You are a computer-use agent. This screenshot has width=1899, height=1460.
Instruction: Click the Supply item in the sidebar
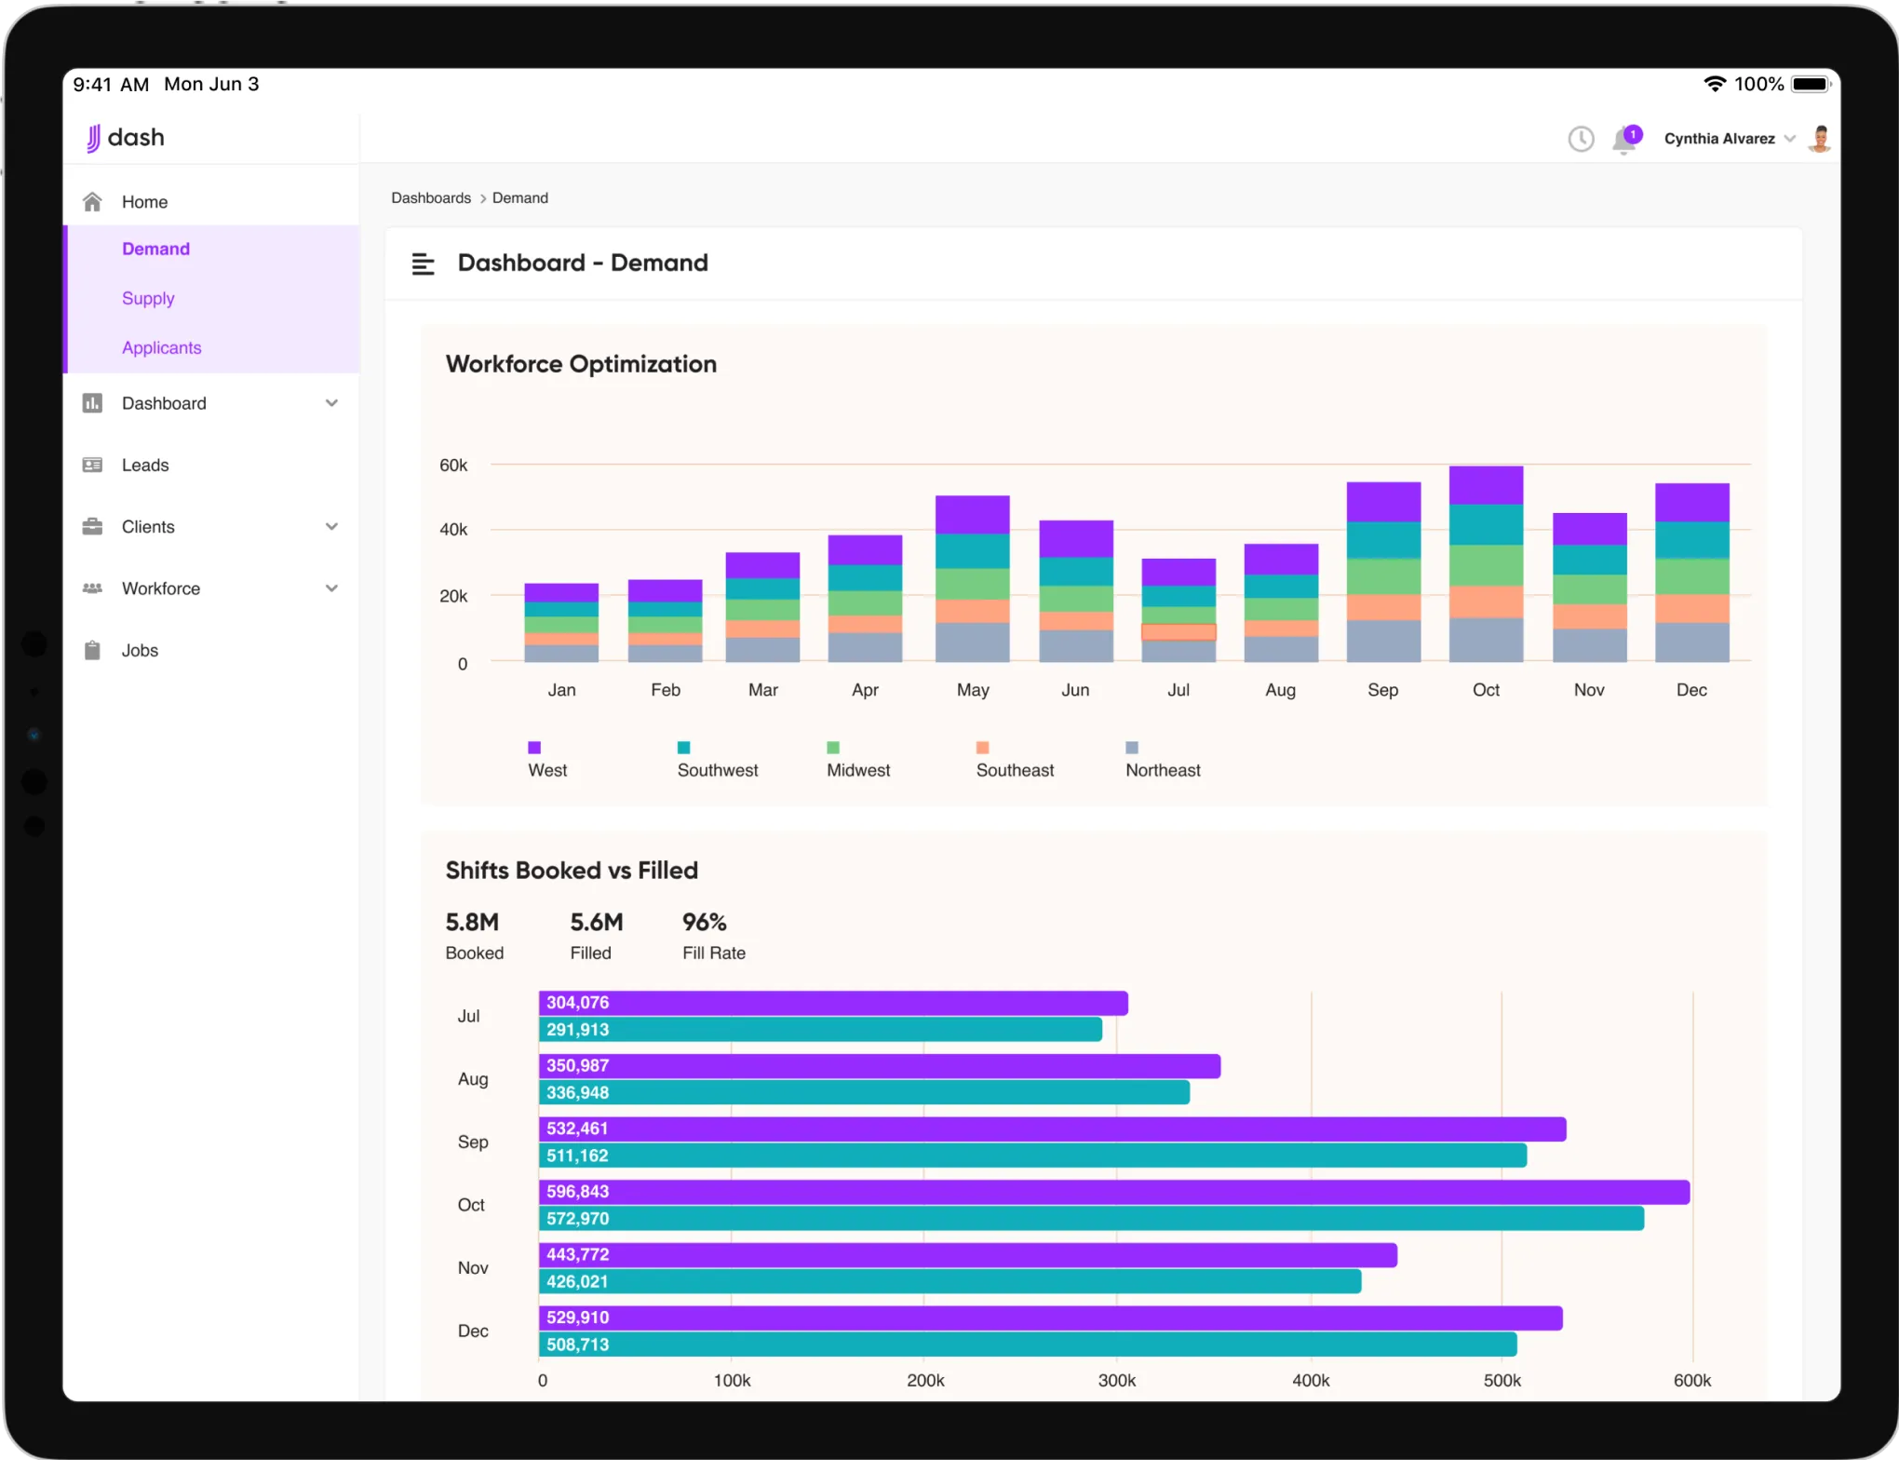point(148,298)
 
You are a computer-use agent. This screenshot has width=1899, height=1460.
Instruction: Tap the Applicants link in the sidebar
point(161,347)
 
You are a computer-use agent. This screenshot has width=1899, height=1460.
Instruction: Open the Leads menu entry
point(145,465)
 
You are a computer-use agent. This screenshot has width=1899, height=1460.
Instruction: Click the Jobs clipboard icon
point(92,650)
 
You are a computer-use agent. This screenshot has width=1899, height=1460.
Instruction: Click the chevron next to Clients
point(331,527)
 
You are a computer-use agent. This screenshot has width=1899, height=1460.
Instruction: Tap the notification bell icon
point(1624,140)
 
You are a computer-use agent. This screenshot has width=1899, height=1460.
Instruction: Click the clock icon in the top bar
point(1581,140)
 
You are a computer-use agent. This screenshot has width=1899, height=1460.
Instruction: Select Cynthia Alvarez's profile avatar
point(1820,139)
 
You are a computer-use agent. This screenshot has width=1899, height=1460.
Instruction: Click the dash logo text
point(136,138)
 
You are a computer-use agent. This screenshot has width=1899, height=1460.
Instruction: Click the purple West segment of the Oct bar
point(1486,485)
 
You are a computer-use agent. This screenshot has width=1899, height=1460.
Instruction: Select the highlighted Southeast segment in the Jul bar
point(1178,632)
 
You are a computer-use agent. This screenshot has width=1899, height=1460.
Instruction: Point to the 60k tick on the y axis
point(453,465)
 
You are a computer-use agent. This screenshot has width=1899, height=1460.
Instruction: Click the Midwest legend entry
point(857,770)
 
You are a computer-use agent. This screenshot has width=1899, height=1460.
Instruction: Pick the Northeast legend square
point(1132,748)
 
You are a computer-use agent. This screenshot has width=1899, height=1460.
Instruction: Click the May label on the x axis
point(973,690)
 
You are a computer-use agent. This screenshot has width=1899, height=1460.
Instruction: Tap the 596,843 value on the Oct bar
point(577,1192)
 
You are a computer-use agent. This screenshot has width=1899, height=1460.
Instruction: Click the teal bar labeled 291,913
point(819,1030)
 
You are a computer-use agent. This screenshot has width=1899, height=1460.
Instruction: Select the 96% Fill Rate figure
point(704,923)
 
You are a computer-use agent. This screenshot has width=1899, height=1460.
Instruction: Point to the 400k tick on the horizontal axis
point(1311,1381)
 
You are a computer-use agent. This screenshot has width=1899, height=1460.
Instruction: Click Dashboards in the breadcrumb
point(431,198)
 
